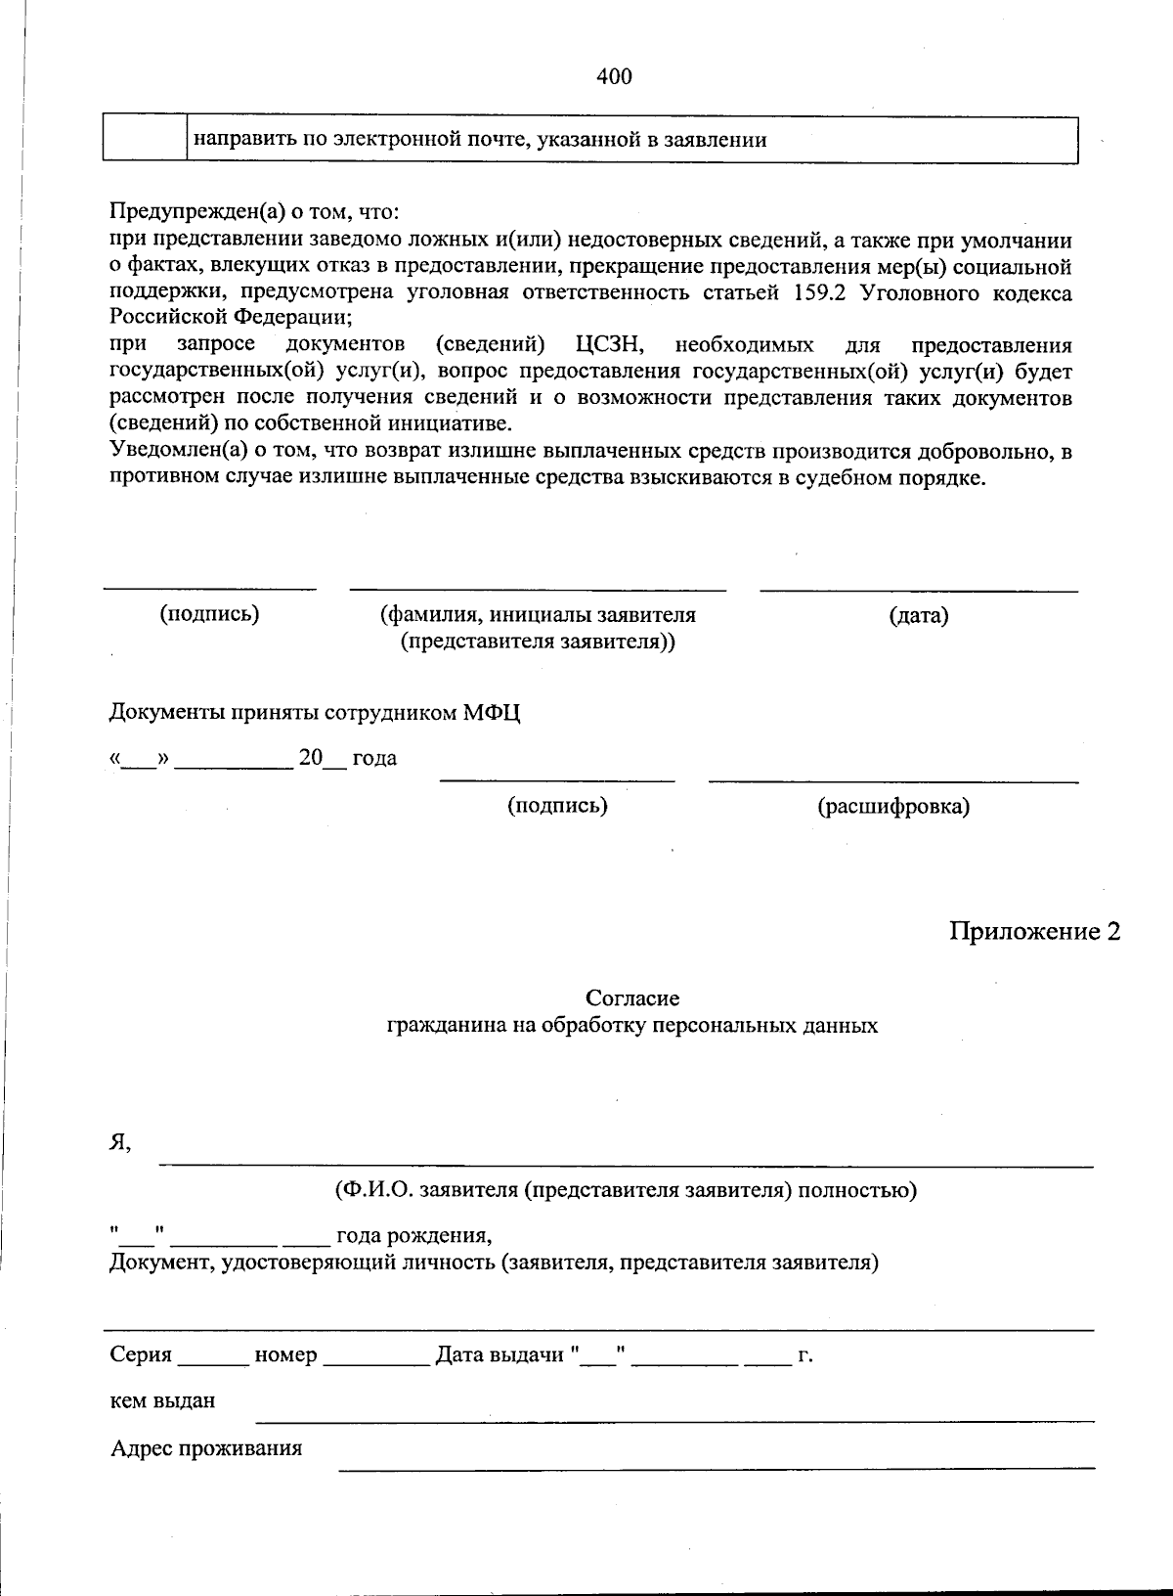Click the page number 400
point(614,76)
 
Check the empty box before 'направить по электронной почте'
point(145,140)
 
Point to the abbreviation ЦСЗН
point(609,345)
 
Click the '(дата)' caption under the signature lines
point(918,615)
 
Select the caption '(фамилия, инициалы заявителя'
point(538,615)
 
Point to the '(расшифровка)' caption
point(892,807)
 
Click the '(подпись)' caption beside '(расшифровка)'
point(557,806)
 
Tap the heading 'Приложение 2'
point(1034,932)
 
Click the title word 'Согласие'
point(632,998)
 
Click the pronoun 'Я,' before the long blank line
point(119,1142)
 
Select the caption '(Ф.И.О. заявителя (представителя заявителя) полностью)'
point(625,1190)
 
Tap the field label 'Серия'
point(141,1355)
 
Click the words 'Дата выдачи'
point(500,1355)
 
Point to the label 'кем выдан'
point(162,1400)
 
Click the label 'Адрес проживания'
point(205,1448)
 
